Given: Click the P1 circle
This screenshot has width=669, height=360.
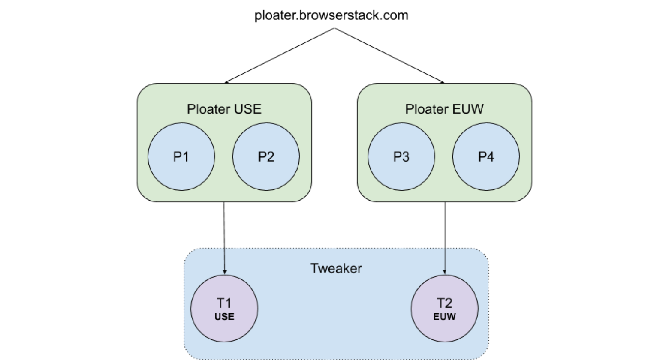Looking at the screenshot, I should (181, 157).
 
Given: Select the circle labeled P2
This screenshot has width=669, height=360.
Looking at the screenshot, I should (266, 157).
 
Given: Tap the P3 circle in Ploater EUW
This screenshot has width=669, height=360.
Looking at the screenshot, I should (401, 157).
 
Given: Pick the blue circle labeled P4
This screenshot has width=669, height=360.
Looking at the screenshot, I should (486, 157).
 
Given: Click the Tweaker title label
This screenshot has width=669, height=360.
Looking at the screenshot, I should (336, 269).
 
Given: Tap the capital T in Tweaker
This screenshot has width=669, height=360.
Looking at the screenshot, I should (313, 269).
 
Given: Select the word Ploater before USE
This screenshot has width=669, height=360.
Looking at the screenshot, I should (209, 109).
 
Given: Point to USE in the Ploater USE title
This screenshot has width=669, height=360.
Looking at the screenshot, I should (248, 109).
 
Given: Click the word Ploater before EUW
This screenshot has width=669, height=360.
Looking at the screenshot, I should (427, 109).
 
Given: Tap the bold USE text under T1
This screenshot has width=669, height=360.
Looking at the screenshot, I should (224, 317).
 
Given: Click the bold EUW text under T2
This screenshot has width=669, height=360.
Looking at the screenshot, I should (444, 317).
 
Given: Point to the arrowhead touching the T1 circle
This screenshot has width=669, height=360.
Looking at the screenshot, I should (224, 272).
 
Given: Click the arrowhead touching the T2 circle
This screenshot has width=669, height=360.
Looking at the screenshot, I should (444, 272).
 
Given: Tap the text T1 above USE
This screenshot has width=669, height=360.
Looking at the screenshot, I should (224, 303).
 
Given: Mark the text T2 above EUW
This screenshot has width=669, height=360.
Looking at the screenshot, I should (444, 303).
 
